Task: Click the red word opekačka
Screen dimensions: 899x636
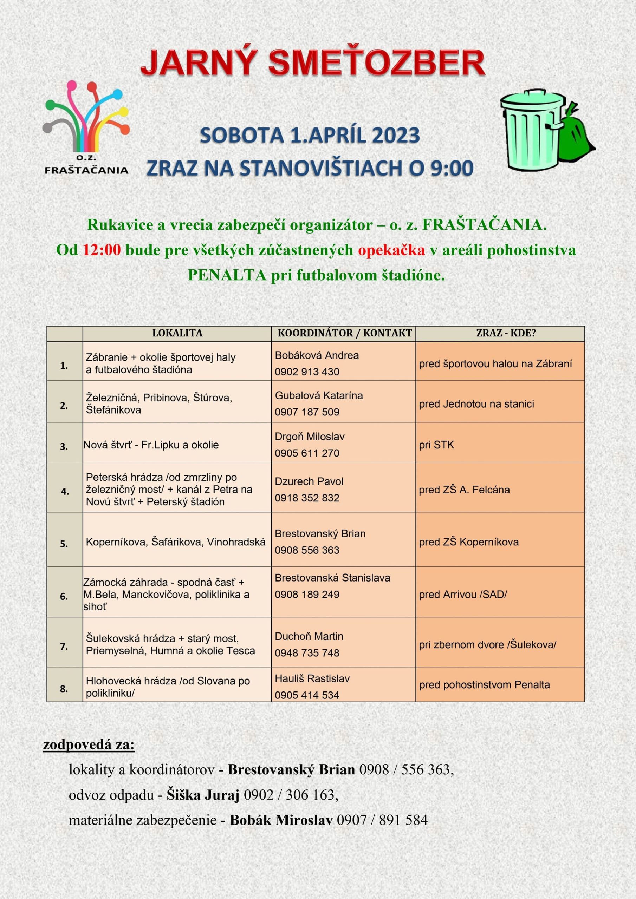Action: [391, 250]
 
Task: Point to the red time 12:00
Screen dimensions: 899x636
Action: [102, 250]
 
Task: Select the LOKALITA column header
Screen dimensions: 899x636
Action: [177, 333]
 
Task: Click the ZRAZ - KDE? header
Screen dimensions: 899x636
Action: [500, 333]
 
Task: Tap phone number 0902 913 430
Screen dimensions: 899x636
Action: [307, 372]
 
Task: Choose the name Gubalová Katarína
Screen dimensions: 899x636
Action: [319, 395]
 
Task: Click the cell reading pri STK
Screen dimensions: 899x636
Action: [436, 445]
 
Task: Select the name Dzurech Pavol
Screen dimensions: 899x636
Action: [309, 481]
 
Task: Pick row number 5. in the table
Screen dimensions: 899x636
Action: [64, 544]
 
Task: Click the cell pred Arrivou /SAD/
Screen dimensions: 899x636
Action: [463, 595]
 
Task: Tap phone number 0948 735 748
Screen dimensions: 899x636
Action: [307, 653]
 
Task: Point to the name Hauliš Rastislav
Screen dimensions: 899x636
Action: [312, 678]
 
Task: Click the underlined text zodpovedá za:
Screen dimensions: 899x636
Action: [89, 744]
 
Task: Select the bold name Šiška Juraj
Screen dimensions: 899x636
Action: [203, 794]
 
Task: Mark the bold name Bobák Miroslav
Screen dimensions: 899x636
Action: [281, 820]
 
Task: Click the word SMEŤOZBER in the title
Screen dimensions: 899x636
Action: [377, 64]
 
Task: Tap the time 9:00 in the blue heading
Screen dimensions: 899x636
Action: [452, 168]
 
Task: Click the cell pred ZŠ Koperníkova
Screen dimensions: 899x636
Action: [469, 542]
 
